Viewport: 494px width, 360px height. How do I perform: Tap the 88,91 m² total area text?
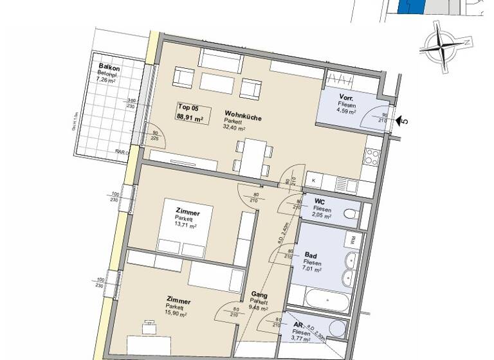coord(190,117)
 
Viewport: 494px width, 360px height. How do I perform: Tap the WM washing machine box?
coord(353,240)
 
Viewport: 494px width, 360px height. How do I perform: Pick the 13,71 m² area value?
coord(187,226)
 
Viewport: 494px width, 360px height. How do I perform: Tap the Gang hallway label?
coord(259,296)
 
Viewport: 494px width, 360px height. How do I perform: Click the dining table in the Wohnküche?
coord(252,154)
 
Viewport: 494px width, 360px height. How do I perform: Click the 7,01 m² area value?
coord(313,270)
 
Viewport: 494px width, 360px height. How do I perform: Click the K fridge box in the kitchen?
coord(314,181)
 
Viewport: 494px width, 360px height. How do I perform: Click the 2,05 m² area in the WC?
coord(322,217)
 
